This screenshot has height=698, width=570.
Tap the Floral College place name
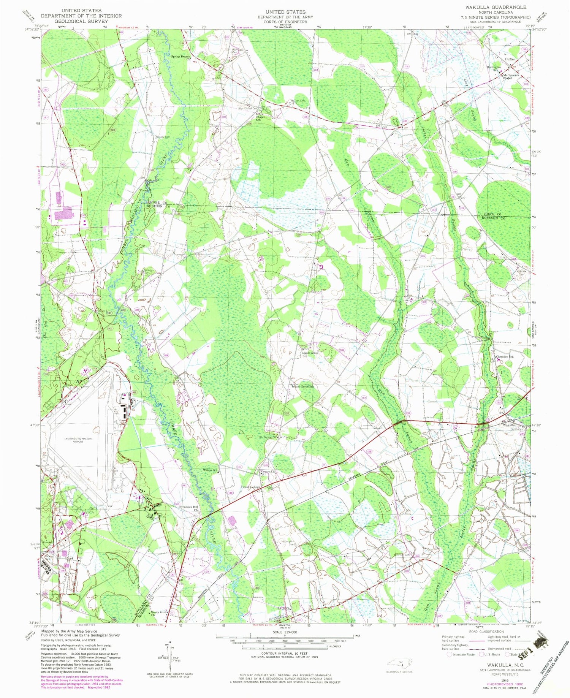[250, 487]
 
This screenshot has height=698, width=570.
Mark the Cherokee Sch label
[505, 357]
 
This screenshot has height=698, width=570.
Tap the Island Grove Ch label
[310, 354]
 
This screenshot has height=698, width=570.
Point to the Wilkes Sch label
[210, 470]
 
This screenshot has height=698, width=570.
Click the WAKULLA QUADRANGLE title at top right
[493, 7]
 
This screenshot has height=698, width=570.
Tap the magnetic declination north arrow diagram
[169, 656]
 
